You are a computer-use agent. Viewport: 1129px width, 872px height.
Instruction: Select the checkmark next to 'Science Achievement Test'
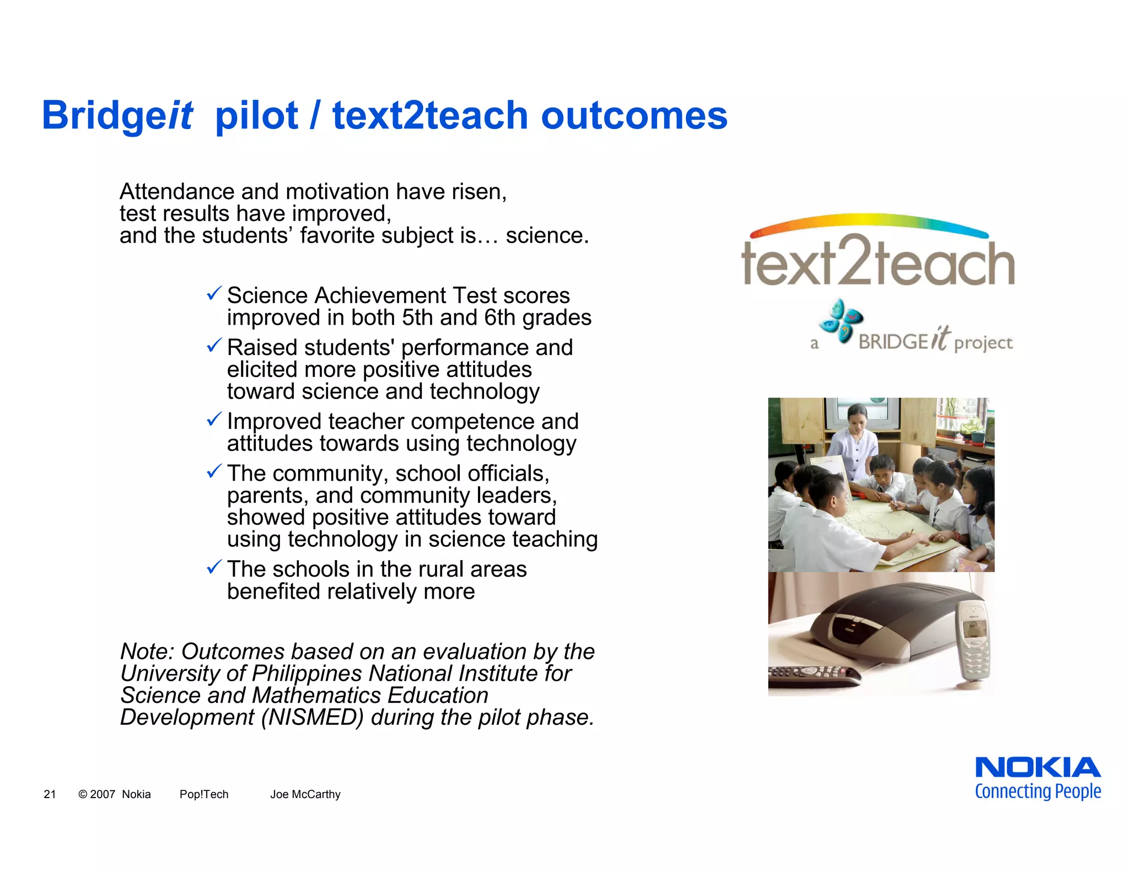[x=214, y=293]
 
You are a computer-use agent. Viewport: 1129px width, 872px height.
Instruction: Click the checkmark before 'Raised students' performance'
[x=214, y=346]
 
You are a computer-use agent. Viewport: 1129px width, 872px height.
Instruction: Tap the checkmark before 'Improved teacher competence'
[x=214, y=419]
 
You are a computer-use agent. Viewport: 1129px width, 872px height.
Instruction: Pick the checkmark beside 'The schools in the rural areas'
[x=214, y=567]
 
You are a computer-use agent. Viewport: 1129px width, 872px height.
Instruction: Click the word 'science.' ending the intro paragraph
[x=547, y=236]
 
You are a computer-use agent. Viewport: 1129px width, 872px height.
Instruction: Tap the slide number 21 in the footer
[x=50, y=794]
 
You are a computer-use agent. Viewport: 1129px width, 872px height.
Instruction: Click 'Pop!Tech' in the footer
[x=204, y=794]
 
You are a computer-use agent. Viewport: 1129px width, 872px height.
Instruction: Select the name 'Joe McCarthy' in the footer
[x=305, y=794]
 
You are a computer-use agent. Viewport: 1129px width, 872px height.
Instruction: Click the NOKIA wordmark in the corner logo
[x=1037, y=767]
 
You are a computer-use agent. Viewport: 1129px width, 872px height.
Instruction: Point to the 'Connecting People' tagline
[x=1037, y=792]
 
